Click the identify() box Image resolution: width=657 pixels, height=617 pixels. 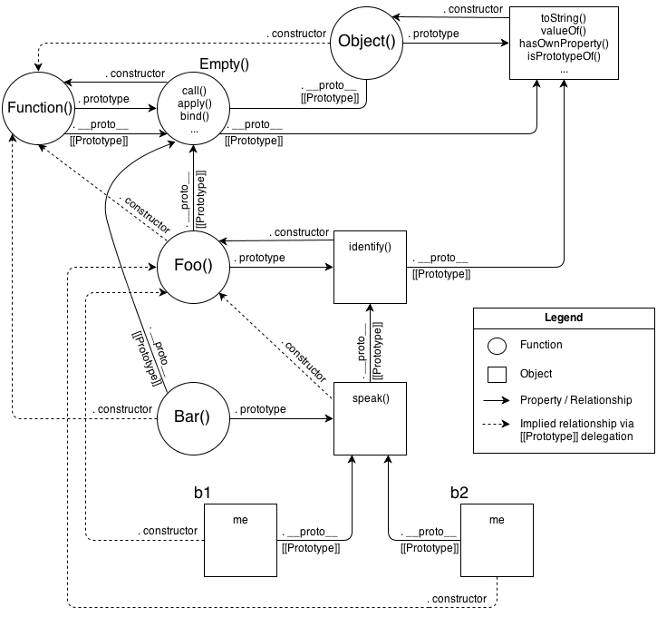(x=369, y=267)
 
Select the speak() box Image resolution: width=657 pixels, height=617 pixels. (x=369, y=418)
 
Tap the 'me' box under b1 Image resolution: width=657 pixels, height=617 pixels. (x=240, y=540)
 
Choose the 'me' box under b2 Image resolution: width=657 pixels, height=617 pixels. (x=497, y=540)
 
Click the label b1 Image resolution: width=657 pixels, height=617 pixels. (x=203, y=492)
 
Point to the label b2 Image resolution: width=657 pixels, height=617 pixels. (x=459, y=492)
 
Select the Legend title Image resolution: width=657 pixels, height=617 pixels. (x=563, y=318)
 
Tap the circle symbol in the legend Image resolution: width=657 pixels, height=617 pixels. (x=497, y=345)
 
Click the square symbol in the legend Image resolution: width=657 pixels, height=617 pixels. (x=497, y=373)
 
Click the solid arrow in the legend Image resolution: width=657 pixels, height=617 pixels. (x=497, y=400)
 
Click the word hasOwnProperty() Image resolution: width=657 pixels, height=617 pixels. (x=563, y=44)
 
